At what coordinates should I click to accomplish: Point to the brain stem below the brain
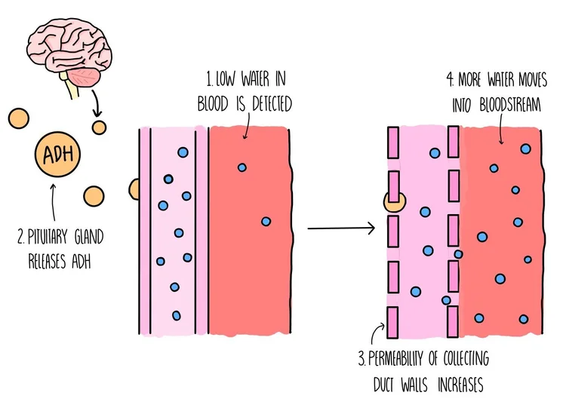[73, 90]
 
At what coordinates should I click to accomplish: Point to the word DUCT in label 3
[392, 386]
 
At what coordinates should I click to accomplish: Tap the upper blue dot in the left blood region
[241, 167]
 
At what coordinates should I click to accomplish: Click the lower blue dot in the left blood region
[266, 221]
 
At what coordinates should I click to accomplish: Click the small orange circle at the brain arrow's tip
[98, 125]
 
